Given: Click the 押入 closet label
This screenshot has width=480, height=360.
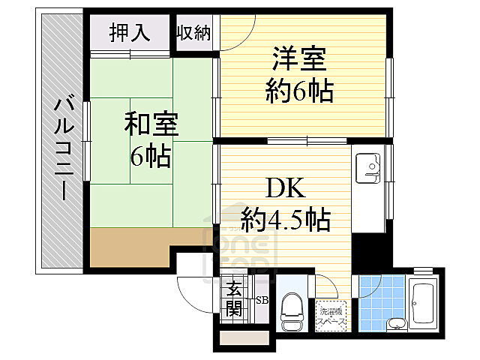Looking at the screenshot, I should [x=130, y=32].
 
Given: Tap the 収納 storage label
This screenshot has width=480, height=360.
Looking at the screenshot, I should [x=193, y=33].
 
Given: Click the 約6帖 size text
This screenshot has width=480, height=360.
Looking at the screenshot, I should [x=299, y=91].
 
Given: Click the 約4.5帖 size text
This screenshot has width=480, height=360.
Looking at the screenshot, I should [x=286, y=220].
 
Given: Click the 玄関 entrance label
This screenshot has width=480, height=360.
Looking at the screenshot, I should [x=235, y=298].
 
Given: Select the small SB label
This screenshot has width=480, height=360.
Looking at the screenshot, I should [x=262, y=300].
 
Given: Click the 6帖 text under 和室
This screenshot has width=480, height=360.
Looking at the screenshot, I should [x=150, y=157].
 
